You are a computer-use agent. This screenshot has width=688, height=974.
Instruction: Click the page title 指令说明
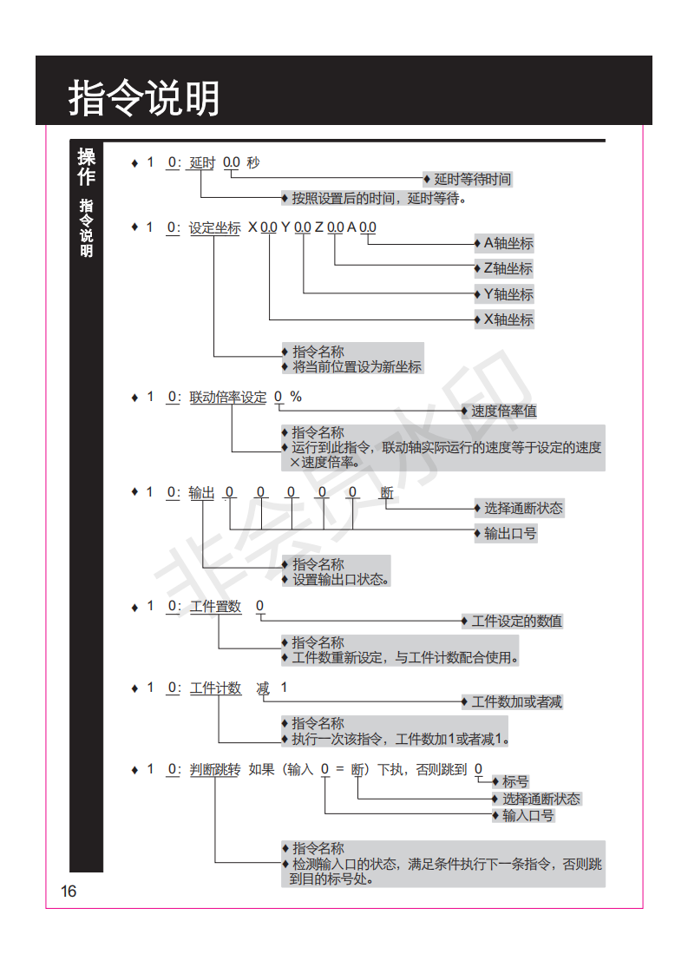pos(143,97)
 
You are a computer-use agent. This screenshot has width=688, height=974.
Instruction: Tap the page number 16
pos(69,892)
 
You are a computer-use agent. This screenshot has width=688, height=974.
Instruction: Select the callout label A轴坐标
pos(508,243)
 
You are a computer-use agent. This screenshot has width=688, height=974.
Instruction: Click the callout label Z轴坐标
pos(508,269)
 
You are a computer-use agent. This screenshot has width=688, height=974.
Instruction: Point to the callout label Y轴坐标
pos(508,294)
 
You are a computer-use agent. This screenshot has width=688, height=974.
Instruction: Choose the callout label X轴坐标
pos(508,320)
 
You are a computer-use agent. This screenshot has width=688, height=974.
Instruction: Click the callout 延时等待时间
pos(473,180)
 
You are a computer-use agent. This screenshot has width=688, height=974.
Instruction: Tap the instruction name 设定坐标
pos(215,228)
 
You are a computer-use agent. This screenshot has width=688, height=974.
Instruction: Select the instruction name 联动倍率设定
pos(228,397)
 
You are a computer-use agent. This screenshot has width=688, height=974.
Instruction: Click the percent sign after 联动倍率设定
pos(296,397)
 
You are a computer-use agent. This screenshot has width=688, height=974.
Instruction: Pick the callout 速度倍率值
pos(503,411)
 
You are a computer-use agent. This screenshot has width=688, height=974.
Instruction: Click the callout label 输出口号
pos(510,534)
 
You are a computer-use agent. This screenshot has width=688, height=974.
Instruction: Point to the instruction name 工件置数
pos(215,606)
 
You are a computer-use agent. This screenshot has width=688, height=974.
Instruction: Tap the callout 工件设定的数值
pos(516,622)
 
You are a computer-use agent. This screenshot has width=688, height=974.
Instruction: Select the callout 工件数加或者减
pos(516,702)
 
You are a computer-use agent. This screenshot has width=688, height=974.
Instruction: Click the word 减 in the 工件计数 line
pos(263,688)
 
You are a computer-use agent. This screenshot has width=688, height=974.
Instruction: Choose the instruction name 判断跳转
pos(215,770)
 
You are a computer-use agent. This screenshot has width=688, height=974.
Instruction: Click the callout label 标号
pos(515,781)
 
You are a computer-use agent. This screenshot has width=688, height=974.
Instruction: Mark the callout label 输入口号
pos(527,816)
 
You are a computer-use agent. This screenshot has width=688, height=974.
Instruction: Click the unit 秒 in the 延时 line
pos(253,162)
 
